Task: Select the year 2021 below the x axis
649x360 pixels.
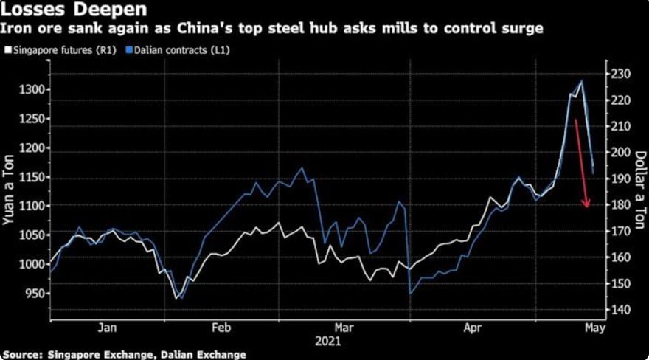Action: (x=327, y=342)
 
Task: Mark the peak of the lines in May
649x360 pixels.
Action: (x=582, y=81)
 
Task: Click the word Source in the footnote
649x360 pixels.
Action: (x=24, y=354)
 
